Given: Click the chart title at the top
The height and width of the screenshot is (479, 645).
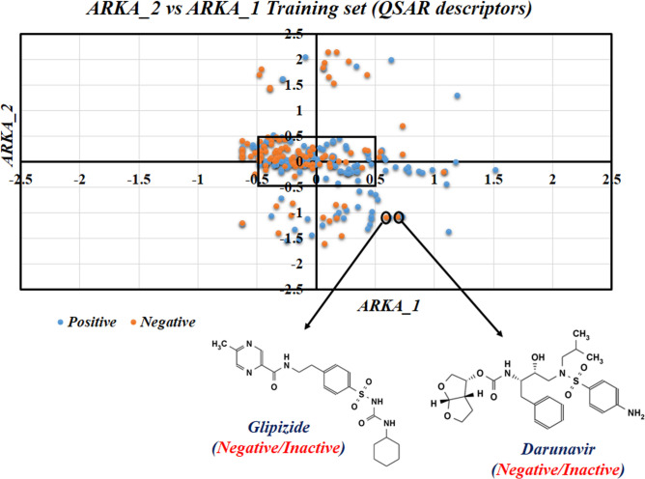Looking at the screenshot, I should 322,12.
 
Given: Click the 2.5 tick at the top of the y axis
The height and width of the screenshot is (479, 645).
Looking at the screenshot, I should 305,36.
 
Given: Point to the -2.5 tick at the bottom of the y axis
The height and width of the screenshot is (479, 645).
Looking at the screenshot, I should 303,288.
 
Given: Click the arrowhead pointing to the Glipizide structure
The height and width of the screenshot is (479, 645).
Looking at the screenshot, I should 294,333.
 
